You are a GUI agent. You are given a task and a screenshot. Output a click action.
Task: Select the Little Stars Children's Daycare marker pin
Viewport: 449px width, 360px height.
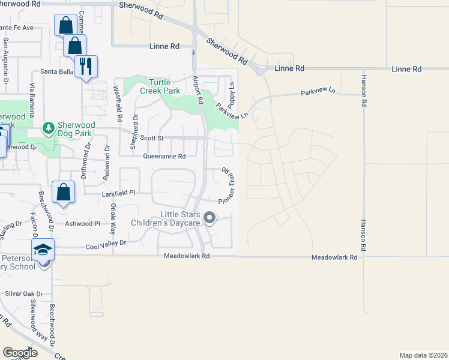(209, 218)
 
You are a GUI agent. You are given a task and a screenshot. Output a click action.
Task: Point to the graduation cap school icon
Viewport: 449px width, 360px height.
(43, 249)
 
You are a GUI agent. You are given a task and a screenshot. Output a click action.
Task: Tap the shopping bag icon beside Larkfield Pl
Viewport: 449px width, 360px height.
(64, 192)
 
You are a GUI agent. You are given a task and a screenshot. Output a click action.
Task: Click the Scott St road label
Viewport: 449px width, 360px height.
(152, 138)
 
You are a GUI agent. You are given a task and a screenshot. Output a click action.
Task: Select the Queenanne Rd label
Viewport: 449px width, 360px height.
(164, 156)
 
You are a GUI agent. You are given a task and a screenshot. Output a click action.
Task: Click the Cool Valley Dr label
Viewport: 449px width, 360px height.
(106, 243)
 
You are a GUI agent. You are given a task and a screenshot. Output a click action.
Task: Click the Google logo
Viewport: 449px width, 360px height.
(20, 353)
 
